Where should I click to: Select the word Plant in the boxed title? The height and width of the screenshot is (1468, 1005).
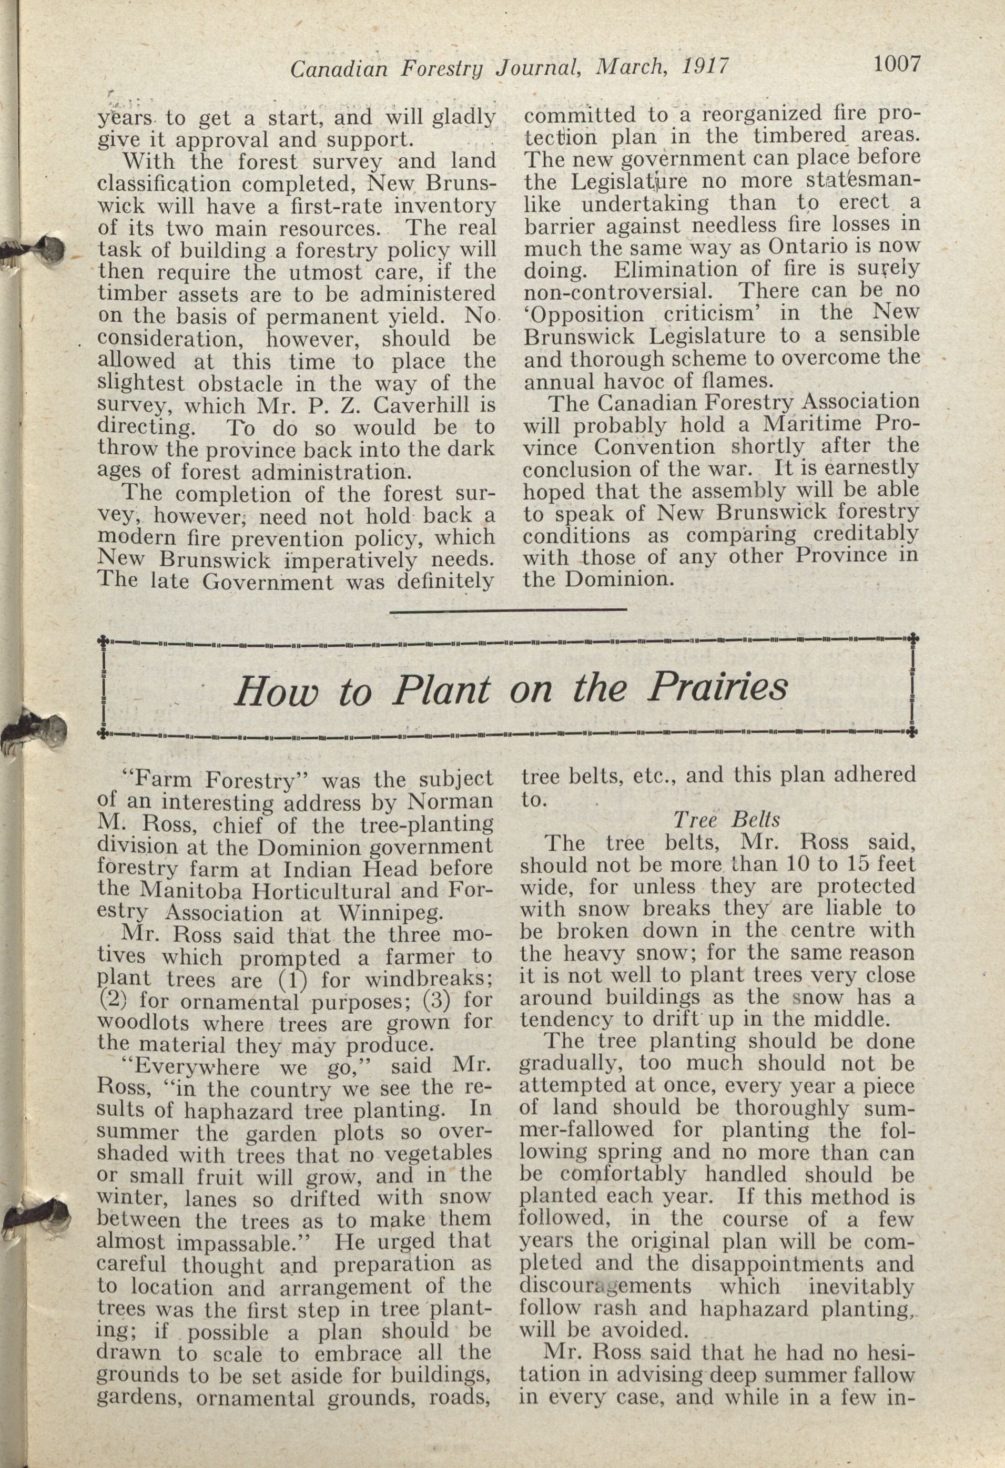click(440, 690)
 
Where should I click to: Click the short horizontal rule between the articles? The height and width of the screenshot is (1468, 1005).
click(509, 609)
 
